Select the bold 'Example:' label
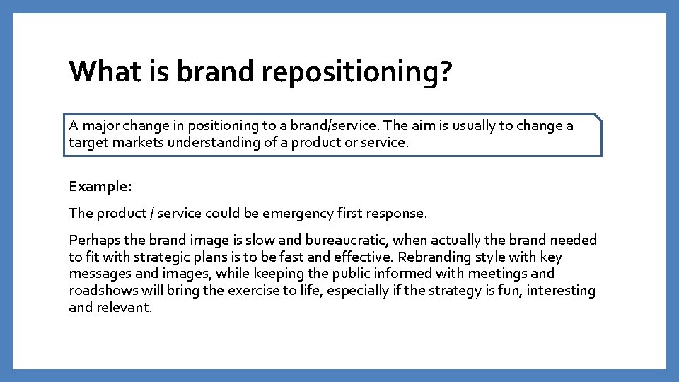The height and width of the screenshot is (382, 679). pos(100,186)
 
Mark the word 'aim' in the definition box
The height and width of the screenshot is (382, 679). pos(422,126)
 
